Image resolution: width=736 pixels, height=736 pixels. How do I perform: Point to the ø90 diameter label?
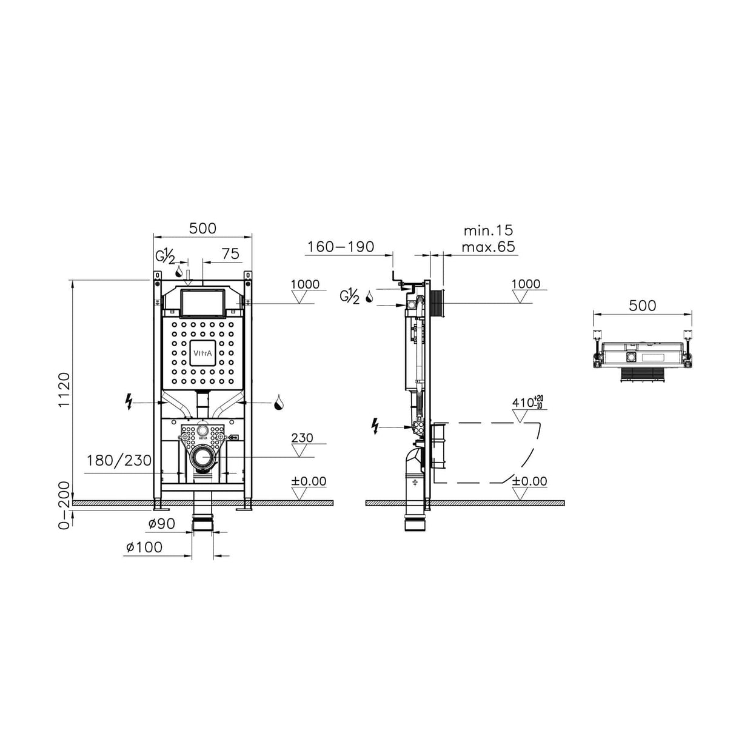(161, 524)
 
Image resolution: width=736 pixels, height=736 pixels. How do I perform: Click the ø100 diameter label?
(144, 547)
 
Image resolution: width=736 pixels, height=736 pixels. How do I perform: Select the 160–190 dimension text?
(341, 247)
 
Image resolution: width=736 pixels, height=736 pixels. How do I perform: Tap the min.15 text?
(488, 230)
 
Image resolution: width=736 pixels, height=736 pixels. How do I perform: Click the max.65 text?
(488, 247)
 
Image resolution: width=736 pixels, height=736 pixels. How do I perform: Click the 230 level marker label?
(303, 438)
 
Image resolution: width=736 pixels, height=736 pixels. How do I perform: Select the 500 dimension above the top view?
(642, 305)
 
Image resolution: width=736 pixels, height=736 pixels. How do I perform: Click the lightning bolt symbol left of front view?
(128, 401)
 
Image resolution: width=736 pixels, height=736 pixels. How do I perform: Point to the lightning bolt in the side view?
(376, 427)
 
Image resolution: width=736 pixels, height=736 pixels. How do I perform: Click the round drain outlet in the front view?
(202, 457)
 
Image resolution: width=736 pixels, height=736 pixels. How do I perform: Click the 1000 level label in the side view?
(526, 284)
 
